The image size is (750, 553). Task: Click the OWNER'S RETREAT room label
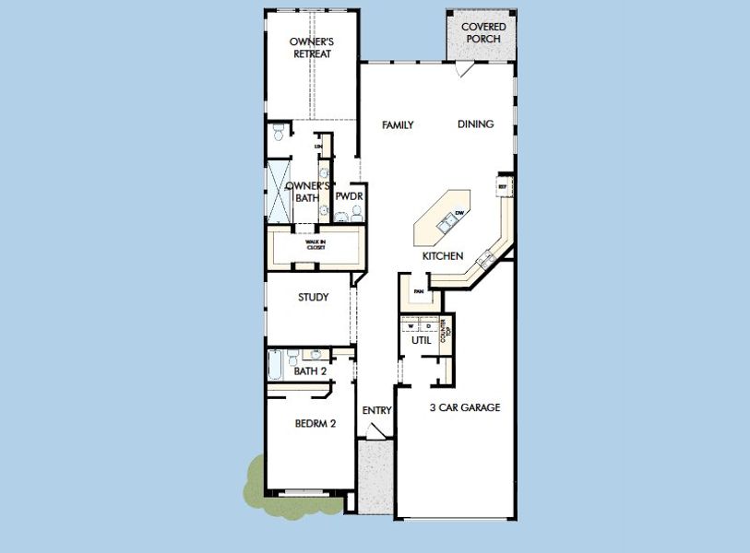coord(310,48)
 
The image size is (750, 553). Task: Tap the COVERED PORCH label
coord(483,34)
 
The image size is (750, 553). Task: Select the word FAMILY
coord(398,125)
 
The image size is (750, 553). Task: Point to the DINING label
coord(475,124)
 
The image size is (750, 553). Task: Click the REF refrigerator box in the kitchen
coord(504,185)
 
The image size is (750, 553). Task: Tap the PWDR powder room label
coord(347,197)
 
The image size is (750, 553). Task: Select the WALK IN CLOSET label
coord(310,245)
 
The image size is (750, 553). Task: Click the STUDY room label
coord(313,297)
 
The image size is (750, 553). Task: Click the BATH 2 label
coord(310,371)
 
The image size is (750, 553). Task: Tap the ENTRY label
coord(377,410)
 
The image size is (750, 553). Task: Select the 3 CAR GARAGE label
coord(465,407)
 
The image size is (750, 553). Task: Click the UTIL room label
coord(422,341)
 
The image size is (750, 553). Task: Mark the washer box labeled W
coord(411,325)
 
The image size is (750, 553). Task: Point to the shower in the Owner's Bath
coord(278,191)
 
